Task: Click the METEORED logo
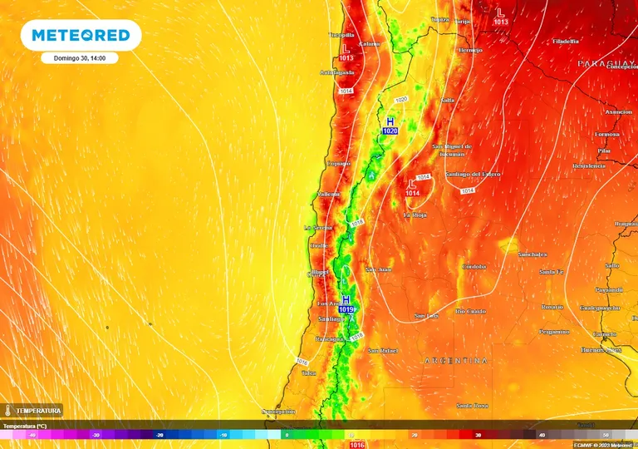pyautogui.click(x=81, y=35)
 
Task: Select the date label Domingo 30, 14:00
pyautogui.click(x=81, y=58)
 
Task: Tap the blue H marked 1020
pyautogui.click(x=390, y=121)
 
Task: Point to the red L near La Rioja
pyautogui.click(x=413, y=183)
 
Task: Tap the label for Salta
pyautogui.click(x=448, y=100)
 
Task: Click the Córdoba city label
pyautogui.click(x=474, y=267)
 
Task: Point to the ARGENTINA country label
pyautogui.click(x=456, y=361)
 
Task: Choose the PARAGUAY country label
pyautogui.click(x=606, y=63)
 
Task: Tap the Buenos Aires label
pyautogui.click(x=602, y=350)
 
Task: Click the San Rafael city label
pyautogui.click(x=385, y=350)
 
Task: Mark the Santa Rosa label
pyautogui.click(x=471, y=406)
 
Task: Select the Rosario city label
pyautogui.click(x=552, y=307)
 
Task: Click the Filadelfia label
pyautogui.click(x=566, y=41)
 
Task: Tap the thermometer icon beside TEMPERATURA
pyautogui.click(x=7, y=411)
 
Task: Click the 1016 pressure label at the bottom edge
pyautogui.click(x=357, y=445)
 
